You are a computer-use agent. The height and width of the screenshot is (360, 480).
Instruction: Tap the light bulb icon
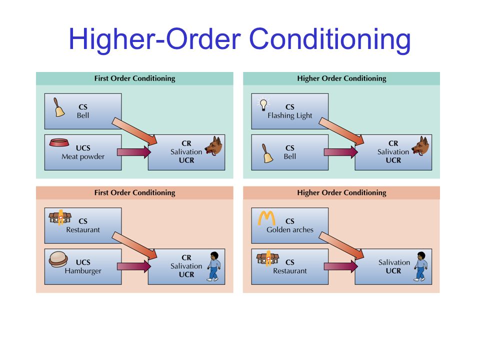(263, 104)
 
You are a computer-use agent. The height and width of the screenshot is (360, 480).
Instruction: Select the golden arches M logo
(266, 218)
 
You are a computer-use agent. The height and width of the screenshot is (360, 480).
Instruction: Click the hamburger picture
(58, 259)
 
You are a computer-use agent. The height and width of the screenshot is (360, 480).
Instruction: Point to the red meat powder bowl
(59, 142)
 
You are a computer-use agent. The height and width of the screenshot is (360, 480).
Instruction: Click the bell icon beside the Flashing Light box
(267, 153)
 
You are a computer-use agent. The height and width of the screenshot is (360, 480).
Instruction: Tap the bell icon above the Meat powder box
(59, 107)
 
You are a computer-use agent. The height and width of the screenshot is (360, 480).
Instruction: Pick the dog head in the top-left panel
(213, 146)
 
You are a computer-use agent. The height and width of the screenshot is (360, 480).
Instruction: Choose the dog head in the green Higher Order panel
(420, 146)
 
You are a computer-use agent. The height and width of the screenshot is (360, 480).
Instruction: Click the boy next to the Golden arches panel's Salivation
(421, 266)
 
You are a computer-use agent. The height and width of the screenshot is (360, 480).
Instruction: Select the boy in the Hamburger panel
(213, 266)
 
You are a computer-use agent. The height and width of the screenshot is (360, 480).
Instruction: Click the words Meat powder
(83, 156)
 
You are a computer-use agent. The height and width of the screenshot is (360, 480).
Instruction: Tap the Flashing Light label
(290, 115)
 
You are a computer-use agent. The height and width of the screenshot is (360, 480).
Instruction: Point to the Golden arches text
(290, 230)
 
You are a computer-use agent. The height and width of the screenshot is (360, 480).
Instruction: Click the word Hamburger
(83, 271)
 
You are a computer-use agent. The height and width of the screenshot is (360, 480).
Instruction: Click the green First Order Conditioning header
(134, 78)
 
